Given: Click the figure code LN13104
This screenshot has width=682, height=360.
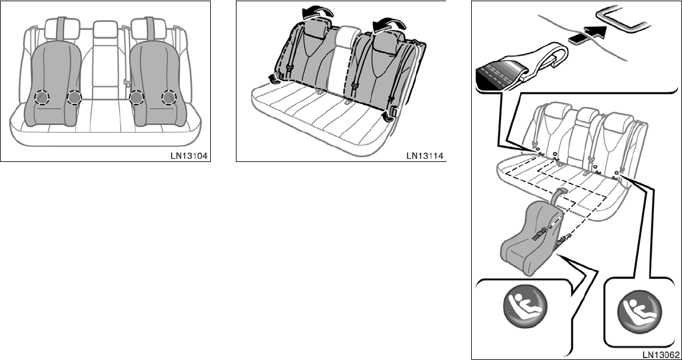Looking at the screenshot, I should (190, 155).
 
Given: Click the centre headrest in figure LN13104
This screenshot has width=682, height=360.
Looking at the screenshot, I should (105, 29).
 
